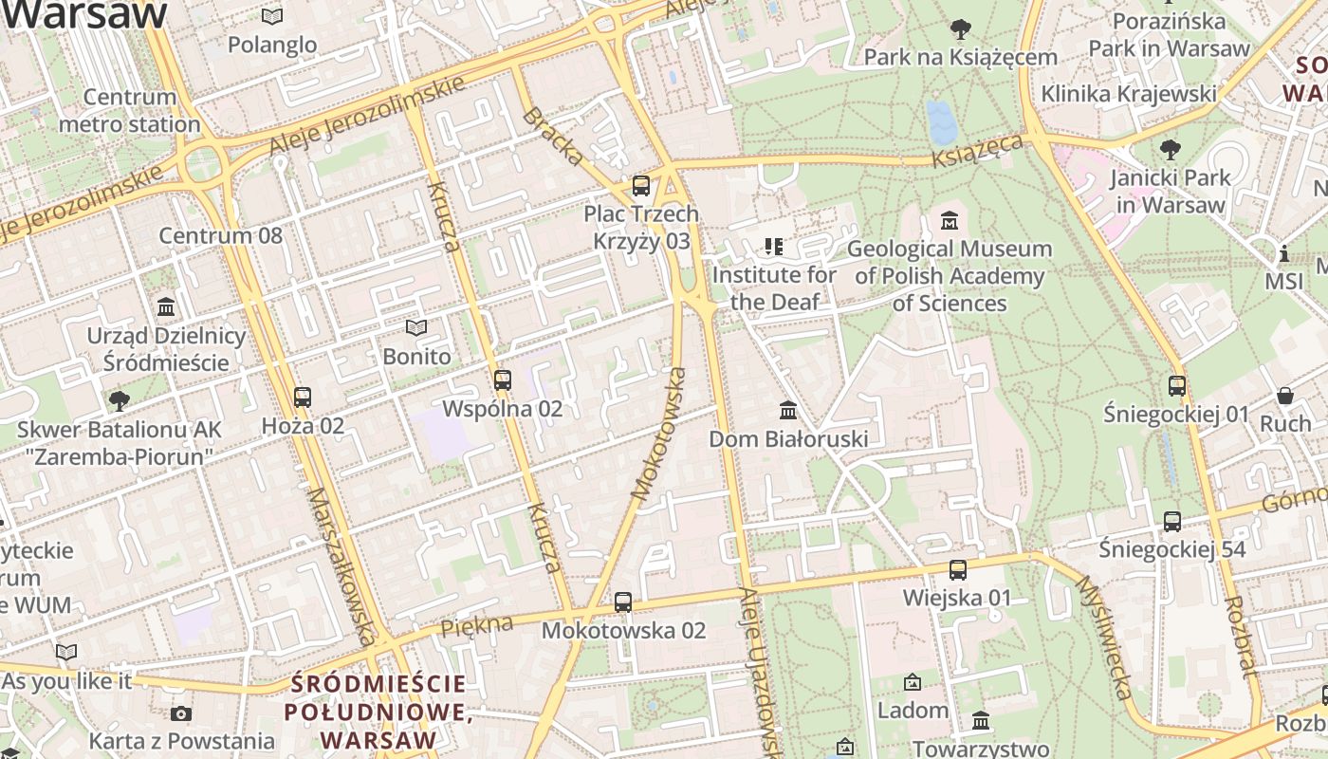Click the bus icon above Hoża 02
coord(303,397)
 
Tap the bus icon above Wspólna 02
coord(503,379)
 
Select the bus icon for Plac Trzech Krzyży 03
coord(641,185)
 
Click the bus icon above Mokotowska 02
coord(623,602)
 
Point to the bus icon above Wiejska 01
coord(958,569)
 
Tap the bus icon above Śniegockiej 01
coord(1177,385)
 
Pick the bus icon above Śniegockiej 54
coord(1172,521)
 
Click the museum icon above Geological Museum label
coord(950,220)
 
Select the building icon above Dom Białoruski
coord(788,410)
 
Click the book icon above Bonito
coord(416,327)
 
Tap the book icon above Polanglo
coord(272,16)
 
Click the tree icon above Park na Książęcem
coord(960,28)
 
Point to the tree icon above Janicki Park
coord(1171,149)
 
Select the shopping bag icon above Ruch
coord(1285,395)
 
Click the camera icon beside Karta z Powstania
coord(181,713)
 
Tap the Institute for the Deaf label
coord(774,288)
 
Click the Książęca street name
coord(978,151)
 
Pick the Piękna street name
coord(477,624)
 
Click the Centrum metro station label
coord(130,110)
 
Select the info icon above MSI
coord(1284,253)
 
